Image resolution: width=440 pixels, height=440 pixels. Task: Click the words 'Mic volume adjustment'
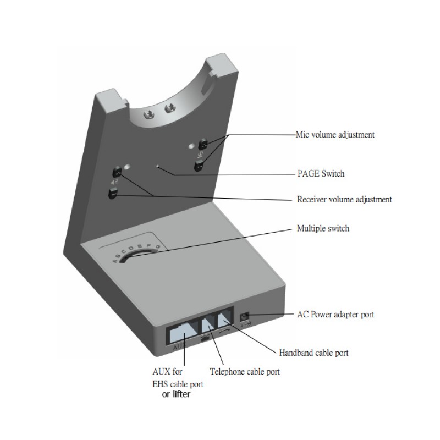click(335, 134)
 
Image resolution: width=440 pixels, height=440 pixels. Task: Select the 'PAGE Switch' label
click(321, 174)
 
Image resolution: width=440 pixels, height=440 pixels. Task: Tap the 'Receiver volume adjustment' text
click(344, 199)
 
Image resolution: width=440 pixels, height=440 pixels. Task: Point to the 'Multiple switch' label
click(323, 228)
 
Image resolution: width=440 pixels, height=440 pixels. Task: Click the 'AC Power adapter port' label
click(335, 315)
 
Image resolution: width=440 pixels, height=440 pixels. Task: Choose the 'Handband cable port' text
click(313, 353)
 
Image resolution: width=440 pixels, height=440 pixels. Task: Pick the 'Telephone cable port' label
click(245, 372)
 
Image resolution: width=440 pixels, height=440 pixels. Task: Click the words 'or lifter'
click(176, 394)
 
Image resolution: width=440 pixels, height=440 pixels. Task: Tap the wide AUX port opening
click(182, 332)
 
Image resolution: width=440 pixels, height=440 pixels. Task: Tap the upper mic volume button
click(204, 144)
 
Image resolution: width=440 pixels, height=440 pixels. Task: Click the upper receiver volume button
click(117, 172)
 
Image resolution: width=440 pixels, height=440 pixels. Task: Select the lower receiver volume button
click(113, 194)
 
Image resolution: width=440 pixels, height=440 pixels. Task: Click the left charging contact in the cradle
click(148, 114)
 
